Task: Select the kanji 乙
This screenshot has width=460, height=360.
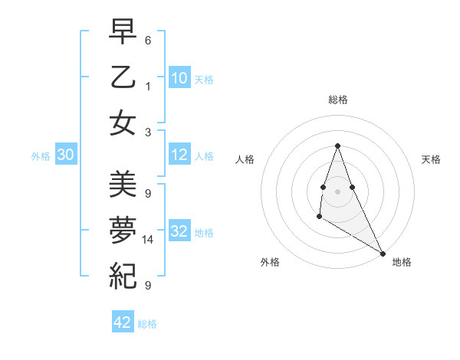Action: pyautogui.click(x=123, y=77)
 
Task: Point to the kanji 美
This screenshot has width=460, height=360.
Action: pyautogui.click(x=123, y=183)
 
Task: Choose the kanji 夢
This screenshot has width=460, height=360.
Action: pyautogui.click(x=123, y=229)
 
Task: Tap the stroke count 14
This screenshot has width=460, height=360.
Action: pyautogui.click(x=148, y=240)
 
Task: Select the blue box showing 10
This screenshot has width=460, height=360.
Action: pyautogui.click(x=179, y=77)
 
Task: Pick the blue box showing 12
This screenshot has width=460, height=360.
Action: pyautogui.click(x=179, y=155)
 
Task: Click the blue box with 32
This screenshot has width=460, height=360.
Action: pyautogui.click(x=179, y=232)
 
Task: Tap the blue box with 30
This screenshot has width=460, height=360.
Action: pyautogui.click(x=65, y=155)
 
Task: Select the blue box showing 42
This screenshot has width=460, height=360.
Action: pyautogui.click(x=123, y=322)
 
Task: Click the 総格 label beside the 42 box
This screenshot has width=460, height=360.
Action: pyautogui.click(x=147, y=324)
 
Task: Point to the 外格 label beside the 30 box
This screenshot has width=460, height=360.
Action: pyautogui.click(x=41, y=156)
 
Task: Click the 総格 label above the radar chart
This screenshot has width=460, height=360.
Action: pyautogui.click(x=337, y=100)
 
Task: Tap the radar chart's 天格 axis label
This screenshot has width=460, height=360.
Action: pyautogui.click(x=432, y=159)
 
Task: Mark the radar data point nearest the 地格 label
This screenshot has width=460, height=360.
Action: pyautogui.click(x=383, y=254)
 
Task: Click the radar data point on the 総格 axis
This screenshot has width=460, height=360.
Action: pyautogui.click(x=337, y=146)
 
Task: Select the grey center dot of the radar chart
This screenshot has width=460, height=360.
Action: pyautogui.click(x=337, y=190)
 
